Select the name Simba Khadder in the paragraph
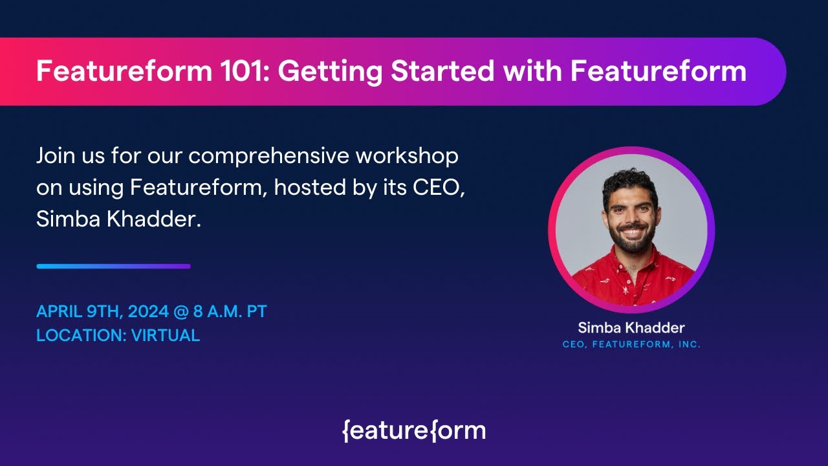(118, 219)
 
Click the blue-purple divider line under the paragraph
(113, 266)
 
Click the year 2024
(148, 311)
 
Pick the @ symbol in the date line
(180, 311)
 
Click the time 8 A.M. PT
(230, 311)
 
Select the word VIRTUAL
(166, 335)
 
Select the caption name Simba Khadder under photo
(631, 327)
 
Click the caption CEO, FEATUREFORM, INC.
(631, 345)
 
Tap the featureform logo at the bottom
(414, 430)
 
